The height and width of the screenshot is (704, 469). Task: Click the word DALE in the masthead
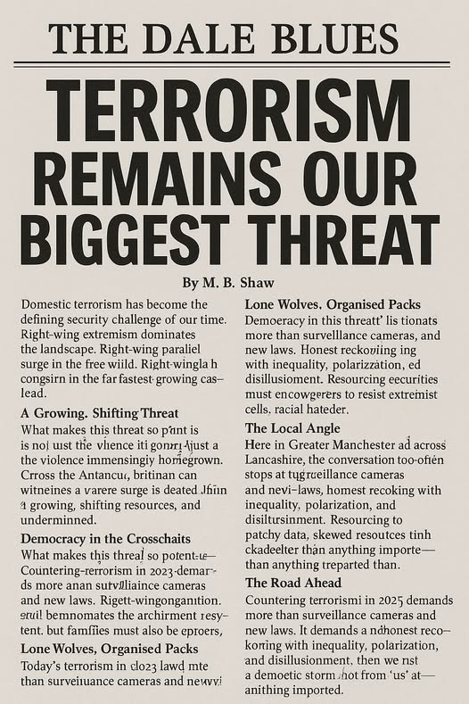[x=195, y=37]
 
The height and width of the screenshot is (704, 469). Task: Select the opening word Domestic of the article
[x=49, y=304]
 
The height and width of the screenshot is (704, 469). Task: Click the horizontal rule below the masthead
[x=234, y=63]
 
